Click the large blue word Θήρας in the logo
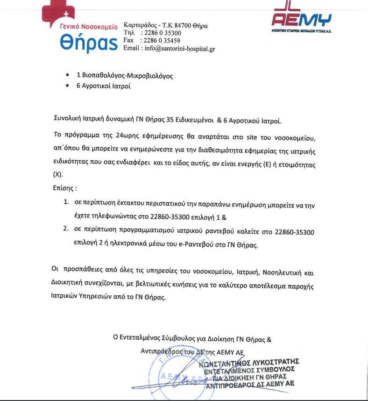click(89, 43)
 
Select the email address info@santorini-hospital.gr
click(179, 48)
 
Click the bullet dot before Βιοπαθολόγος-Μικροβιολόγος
click(68, 75)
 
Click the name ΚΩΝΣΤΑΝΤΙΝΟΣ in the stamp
click(231, 362)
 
